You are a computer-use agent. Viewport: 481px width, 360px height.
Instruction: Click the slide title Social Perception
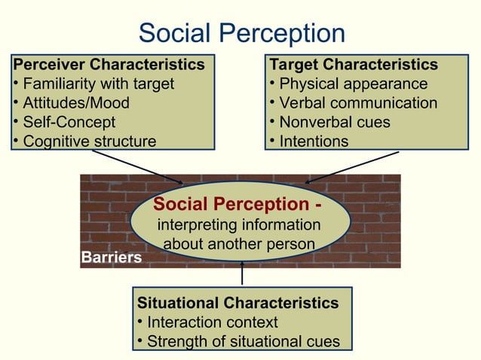click(x=242, y=33)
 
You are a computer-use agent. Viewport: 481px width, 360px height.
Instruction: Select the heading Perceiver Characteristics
click(x=109, y=64)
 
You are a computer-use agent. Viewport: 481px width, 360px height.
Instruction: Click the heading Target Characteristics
click(x=354, y=64)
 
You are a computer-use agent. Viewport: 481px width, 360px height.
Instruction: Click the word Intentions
click(x=314, y=141)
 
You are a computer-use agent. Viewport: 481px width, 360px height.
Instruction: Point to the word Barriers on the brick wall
click(x=112, y=258)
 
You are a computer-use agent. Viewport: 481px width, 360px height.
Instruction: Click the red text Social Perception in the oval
click(x=234, y=205)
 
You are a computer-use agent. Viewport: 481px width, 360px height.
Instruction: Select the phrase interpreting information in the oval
click(x=238, y=225)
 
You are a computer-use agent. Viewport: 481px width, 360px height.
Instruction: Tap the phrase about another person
click(x=238, y=244)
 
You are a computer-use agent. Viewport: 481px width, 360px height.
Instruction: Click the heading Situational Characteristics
click(x=238, y=304)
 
